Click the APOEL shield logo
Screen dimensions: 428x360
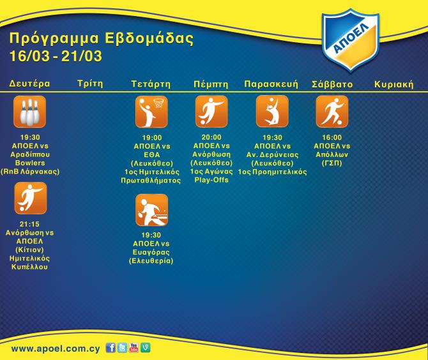pyautogui.click(x=351, y=40)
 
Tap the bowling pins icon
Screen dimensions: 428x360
pyautogui.click(x=30, y=112)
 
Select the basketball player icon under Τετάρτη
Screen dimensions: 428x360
pyautogui.click(x=151, y=112)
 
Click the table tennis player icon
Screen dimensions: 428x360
pyautogui.click(x=151, y=210)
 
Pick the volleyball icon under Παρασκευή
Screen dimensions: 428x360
pyautogui.click(x=272, y=111)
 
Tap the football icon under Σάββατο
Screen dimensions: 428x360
pyautogui.click(x=332, y=111)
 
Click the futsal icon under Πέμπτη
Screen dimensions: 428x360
pyautogui.click(x=211, y=111)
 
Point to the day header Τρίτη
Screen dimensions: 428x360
pyautogui.click(x=90, y=84)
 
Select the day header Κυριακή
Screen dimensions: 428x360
pyautogui.click(x=394, y=84)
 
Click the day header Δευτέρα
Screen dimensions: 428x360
pyautogui.click(x=30, y=83)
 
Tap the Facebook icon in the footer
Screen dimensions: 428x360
pyautogui.click(x=111, y=348)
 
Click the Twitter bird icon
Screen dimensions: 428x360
pyautogui.click(x=122, y=348)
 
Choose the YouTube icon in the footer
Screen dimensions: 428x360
pyautogui.click(x=134, y=348)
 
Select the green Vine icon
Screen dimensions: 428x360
pyautogui.click(x=146, y=348)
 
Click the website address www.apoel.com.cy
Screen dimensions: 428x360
pyautogui.click(x=56, y=349)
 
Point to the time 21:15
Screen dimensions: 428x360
pyautogui.click(x=29, y=224)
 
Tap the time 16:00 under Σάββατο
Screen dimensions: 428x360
pyautogui.click(x=332, y=137)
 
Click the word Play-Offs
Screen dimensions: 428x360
pyautogui.click(x=211, y=180)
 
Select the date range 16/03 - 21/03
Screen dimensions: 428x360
pyautogui.click(x=56, y=56)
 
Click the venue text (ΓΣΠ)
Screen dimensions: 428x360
pyautogui.click(x=332, y=163)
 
